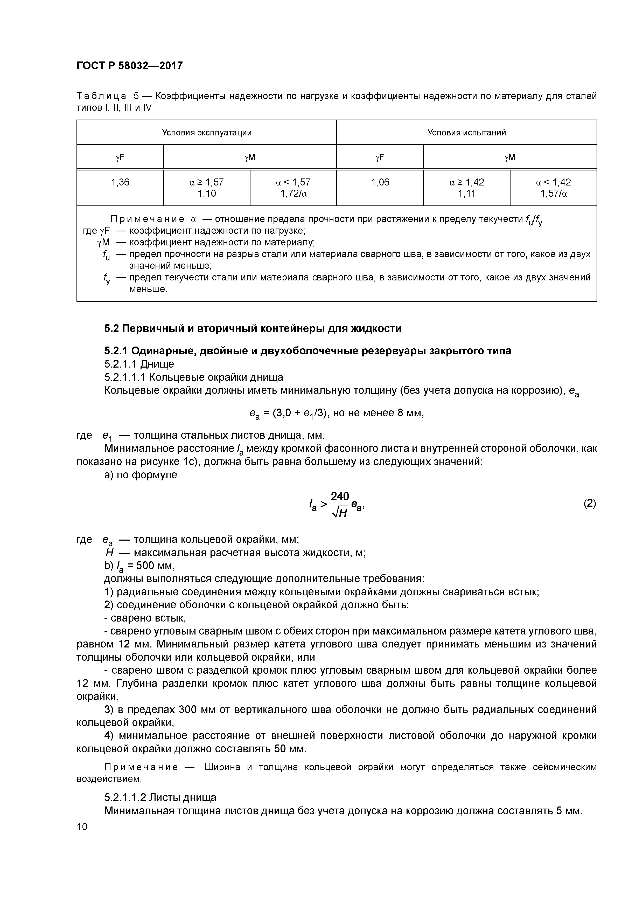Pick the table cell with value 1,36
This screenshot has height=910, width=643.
point(120,182)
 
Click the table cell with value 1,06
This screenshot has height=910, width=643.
point(380,182)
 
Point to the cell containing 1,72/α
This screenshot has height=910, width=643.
point(293,194)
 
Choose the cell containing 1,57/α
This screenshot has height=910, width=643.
point(554,194)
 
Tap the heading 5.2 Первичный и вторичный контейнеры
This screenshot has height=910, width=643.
point(253,329)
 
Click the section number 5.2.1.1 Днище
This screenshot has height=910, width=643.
point(139,364)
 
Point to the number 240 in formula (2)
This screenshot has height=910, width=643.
point(340,496)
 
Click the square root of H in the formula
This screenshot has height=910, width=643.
point(340,513)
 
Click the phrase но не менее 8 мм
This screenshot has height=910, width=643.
point(378,413)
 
